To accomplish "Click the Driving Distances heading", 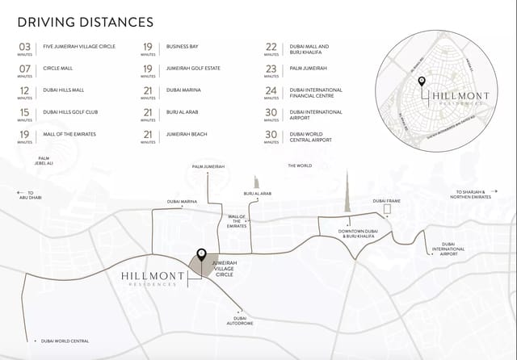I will tap(85, 21).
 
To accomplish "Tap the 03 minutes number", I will tap(25, 48).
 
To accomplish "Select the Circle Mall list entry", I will tap(58, 69).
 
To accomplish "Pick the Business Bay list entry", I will tap(182, 47).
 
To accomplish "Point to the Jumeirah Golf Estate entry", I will tap(192, 69).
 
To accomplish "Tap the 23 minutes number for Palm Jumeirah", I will tap(271, 69).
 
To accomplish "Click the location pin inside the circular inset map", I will tap(421, 83).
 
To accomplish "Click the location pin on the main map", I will tap(201, 254).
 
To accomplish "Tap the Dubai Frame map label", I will tap(386, 200).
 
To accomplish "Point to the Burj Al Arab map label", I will tap(257, 194).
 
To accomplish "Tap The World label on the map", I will tap(299, 165).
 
